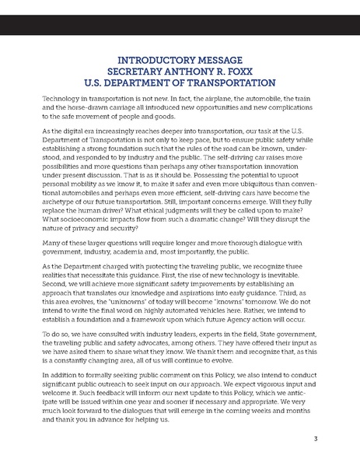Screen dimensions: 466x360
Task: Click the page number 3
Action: point(315,438)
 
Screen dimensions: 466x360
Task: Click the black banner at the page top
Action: point(180,24)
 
